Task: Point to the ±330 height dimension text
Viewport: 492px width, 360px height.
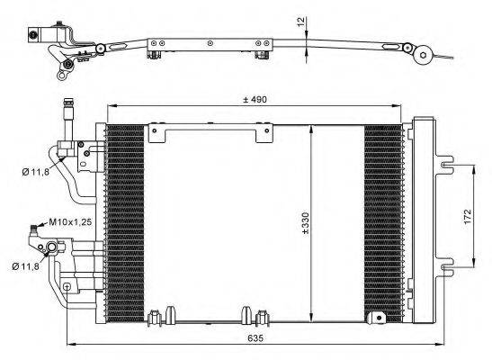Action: click(305, 224)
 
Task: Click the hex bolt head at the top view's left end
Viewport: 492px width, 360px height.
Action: click(33, 35)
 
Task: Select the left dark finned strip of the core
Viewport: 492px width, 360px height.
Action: click(124, 220)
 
